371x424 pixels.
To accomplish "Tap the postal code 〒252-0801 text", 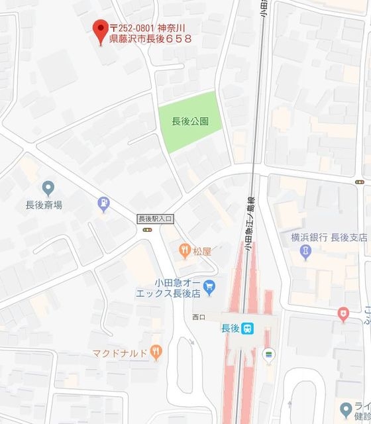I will [x=132, y=28].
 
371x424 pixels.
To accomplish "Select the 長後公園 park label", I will [x=190, y=121].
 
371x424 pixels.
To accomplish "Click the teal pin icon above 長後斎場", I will [x=48, y=188].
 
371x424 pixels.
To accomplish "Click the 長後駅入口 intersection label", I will [x=155, y=218].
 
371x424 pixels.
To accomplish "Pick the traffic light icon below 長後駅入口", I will [x=146, y=230].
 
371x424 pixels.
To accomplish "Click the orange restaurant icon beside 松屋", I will [x=184, y=250].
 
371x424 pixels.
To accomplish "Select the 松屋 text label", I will [x=202, y=251].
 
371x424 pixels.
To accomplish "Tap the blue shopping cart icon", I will [x=209, y=287].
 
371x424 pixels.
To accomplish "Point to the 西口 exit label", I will [x=199, y=317].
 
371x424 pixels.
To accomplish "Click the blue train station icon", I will [x=247, y=328].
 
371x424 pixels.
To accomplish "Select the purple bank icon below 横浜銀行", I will [x=305, y=252].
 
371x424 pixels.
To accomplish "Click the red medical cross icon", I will [x=343, y=315].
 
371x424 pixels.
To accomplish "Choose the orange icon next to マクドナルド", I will [x=156, y=352].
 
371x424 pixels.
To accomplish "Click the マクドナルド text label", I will [x=119, y=352].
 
